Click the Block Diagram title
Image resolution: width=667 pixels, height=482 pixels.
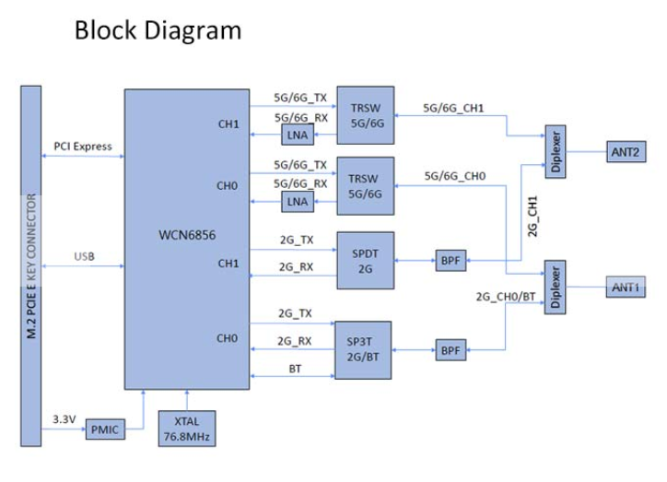click(158, 30)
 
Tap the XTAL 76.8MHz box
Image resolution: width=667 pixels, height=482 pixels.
click(186, 429)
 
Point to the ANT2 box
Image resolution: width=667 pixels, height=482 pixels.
click(626, 150)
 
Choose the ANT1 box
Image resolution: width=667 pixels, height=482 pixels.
click(626, 288)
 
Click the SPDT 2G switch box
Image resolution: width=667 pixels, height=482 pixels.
click(365, 259)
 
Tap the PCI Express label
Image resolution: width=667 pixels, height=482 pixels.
click(83, 146)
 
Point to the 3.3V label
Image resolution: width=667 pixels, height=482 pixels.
click(64, 419)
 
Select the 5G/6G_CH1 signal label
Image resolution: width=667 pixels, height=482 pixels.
click(454, 107)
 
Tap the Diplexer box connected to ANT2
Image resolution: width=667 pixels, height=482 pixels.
click(556, 151)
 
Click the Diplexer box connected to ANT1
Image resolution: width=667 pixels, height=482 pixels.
click(556, 288)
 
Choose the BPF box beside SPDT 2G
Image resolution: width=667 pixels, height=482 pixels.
click(450, 261)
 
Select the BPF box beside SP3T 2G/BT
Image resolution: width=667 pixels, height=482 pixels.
click(450, 351)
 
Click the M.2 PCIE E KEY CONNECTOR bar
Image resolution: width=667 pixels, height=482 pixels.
click(33, 258)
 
